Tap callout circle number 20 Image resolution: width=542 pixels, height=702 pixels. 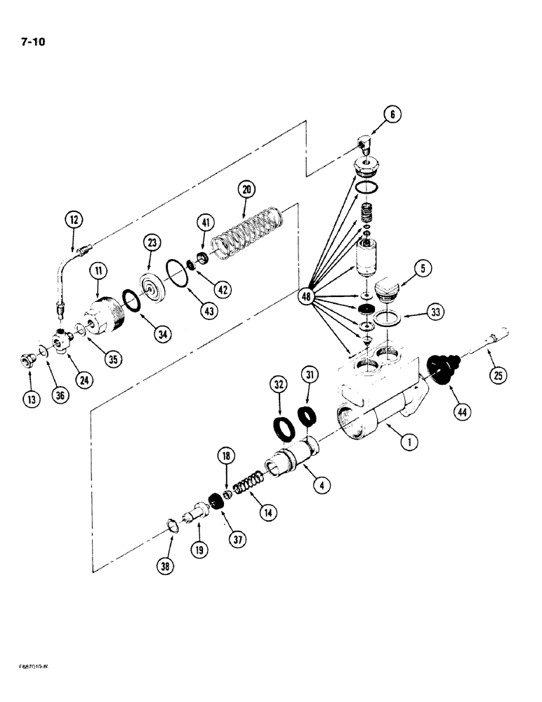247,190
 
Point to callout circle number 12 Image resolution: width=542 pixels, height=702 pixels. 74,220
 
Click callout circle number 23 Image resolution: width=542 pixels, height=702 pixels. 152,243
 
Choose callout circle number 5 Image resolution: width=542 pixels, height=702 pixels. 423,267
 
